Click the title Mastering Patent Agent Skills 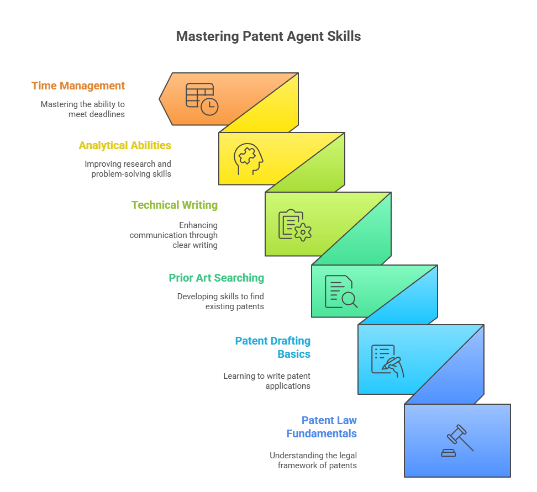(268, 36)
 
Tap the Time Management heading (78, 86)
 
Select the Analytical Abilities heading (125, 145)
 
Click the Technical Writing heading (174, 205)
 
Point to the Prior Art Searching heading (216, 278)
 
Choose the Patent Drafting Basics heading (273, 347)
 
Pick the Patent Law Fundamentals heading (322, 427)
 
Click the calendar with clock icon (202, 99)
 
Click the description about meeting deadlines (82, 109)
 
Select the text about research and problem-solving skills (128, 168)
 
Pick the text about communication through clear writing (174, 235)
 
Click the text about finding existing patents (220, 301)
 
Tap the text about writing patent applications (267, 380)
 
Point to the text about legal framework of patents (313, 460)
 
